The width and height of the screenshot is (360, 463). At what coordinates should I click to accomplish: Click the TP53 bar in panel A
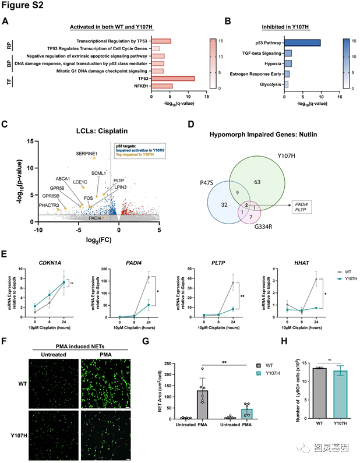(172, 78)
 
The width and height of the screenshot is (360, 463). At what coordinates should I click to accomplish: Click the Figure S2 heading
(22, 7)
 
